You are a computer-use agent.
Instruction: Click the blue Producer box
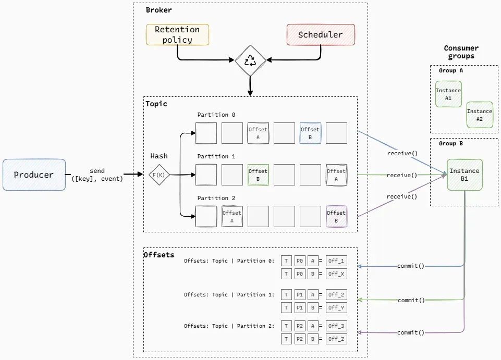pyautogui.click(x=34, y=175)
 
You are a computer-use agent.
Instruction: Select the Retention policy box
pyautogui.click(x=177, y=34)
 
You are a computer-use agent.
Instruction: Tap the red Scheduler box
pyautogui.click(x=321, y=34)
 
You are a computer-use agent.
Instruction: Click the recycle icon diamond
pyautogui.click(x=250, y=60)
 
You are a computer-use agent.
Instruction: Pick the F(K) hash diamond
pyautogui.click(x=159, y=175)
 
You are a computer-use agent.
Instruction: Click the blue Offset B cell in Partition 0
pyautogui.click(x=310, y=133)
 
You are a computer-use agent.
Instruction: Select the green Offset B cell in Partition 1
pyautogui.click(x=258, y=175)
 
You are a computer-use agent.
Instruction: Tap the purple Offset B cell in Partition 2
pyautogui.click(x=336, y=217)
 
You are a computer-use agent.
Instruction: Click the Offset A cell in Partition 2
pyautogui.click(x=232, y=217)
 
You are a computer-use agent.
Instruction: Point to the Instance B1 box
pyautogui.click(x=465, y=175)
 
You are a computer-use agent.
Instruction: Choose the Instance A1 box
pyautogui.click(x=448, y=94)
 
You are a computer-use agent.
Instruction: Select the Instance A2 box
pyautogui.click(x=480, y=115)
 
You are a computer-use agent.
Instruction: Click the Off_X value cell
pyautogui.click(x=336, y=274)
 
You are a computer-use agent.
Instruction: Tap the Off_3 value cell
pyautogui.click(x=336, y=326)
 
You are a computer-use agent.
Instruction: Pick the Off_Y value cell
pyautogui.click(x=336, y=308)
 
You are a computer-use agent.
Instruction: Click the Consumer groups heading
pyautogui.click(x=461, y=52)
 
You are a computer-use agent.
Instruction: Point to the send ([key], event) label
pyautogui.click(x=97, y=175)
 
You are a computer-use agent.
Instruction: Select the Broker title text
pyautogui.click(x=158, y=10)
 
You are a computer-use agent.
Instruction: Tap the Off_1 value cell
pyautogui.click(x=336, y=261)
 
